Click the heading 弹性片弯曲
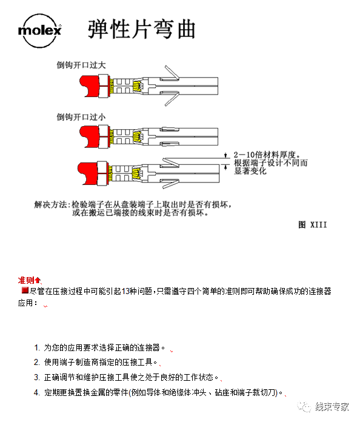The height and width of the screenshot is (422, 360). [x=142, y=28]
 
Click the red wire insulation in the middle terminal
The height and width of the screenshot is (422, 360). [x=91, y=136]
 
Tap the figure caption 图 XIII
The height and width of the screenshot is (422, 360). [x=312, y=224]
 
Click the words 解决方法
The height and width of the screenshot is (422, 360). [x=50, y=205]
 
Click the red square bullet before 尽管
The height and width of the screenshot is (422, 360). [x=25, y=290]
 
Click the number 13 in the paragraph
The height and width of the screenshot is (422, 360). [x=125, y=291]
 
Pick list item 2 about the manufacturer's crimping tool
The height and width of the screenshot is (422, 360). [x=97, y=362]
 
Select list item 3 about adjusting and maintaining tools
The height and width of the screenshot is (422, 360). [x=127, y=377]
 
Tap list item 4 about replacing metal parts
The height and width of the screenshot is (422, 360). [x=158, y=392]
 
